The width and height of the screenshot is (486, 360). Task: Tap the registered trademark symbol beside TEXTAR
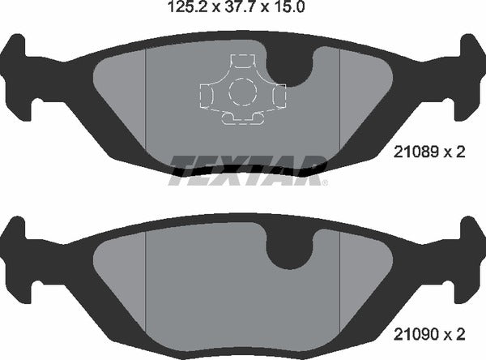tap(325, 184)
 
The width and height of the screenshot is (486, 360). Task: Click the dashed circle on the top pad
tap(241, 92)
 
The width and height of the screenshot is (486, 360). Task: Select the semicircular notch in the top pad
tap(293, 69)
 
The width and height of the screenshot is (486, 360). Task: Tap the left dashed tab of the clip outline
tap(203, 96)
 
